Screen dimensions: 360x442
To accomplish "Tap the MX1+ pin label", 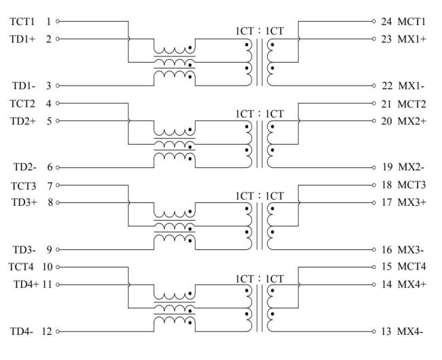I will [413, 39].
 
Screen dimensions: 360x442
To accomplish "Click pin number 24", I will [386, 22].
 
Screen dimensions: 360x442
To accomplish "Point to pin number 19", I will [386, 166].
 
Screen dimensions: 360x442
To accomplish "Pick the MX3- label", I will [412, 251].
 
